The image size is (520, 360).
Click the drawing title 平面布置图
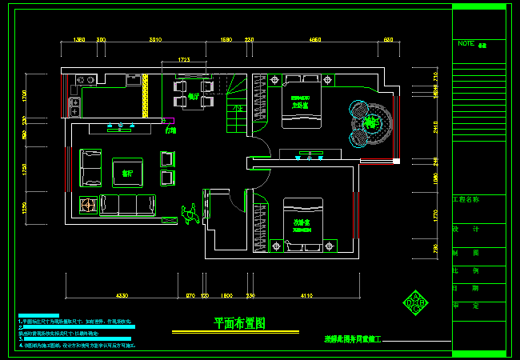(239, 323)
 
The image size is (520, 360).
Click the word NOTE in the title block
(466, 44)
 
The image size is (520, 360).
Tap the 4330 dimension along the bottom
(122, 296)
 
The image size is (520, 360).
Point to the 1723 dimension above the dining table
(183, 59)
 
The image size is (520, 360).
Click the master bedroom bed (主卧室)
(301, 101)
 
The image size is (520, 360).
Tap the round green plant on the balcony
(370, 122)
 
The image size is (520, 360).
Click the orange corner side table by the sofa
(86, 205)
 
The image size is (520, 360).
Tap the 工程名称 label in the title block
(469, 199)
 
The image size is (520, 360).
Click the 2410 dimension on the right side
(434, 126)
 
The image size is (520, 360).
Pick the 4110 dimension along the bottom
(306, 296)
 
